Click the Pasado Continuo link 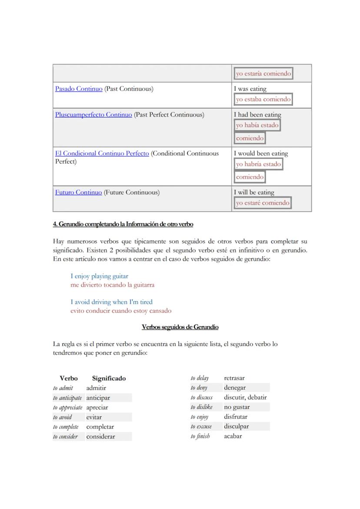[x=79, y=89]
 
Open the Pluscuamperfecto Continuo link [x=93, y=115]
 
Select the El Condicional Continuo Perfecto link [x=102, y=153]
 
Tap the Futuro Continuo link [x=78, y=192]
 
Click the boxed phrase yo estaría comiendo [x=263, y=73]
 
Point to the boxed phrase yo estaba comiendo [x=263, y=99]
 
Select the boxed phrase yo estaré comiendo [x=263, y=203]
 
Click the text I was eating [x=250, y=89]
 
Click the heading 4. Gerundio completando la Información [x=123, y=224]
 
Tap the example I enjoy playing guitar [x=99, y=276]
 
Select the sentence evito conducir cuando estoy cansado [x=121, y=311]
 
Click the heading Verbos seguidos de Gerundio [x=180, y=327]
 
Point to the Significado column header [x=109, y=378]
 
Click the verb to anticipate [x=67, y=398]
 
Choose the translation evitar [x=94, y=417]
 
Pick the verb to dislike [x=201, y=407]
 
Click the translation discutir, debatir [x=245, y=397]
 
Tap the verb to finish [x=200, y=436]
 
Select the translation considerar [x=100, y=436]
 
